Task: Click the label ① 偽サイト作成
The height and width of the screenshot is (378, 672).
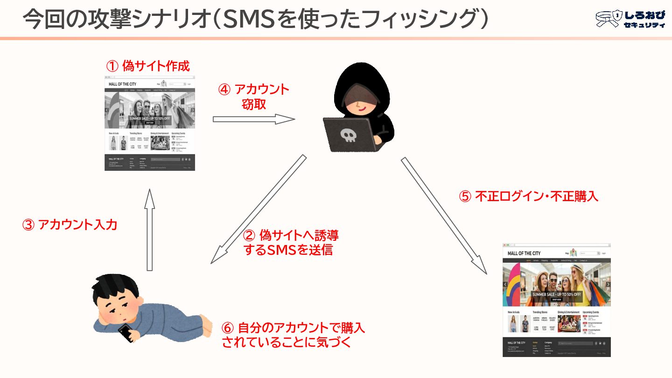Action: pyautogui.click(x=148, y=66)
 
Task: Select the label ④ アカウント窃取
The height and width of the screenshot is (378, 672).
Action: pyautogui.click(x=254, y=97)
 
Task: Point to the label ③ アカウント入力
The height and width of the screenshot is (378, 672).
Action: pyautogui.click(x=70, y=225)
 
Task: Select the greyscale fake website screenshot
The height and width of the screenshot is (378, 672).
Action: pyautogui.click(x=150, y=123)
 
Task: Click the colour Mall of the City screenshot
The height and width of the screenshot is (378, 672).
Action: pyautogui.click(x=556, y=300)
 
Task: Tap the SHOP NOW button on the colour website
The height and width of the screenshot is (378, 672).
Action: pyautogui.click(x=556, y=300)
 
